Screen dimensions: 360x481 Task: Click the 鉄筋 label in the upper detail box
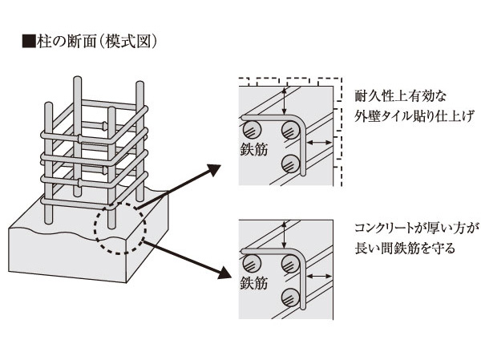[x=253, y=150]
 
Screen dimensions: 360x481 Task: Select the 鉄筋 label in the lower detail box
[x=253, y=283]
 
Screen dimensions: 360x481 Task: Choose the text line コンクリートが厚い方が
[x=417, y=228]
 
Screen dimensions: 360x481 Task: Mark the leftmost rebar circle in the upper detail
[x=253, y=128]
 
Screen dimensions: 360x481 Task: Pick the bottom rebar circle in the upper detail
[x=292, y=164]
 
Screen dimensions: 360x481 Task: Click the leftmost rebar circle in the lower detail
[x=253, y=261]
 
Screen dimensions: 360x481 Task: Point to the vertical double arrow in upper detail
[x=283, y=101]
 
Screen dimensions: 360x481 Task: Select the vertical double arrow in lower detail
[x=283, y=234]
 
